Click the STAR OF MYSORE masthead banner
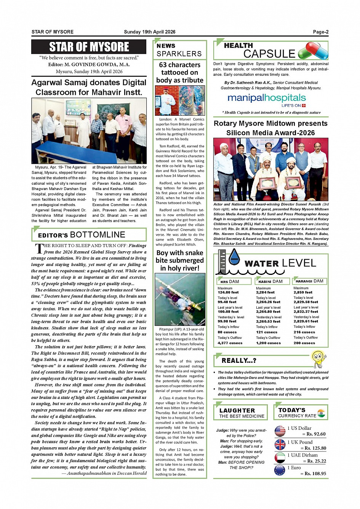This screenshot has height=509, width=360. pos(89,47)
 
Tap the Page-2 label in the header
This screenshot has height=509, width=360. pos(320,32)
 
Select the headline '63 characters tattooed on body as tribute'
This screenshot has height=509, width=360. pos(180,72)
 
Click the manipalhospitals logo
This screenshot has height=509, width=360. pos(267,98)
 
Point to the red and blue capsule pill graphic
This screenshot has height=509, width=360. pos(313,51)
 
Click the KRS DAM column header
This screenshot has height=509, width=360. pos(230,281)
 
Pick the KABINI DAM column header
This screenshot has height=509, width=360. pos(269,281)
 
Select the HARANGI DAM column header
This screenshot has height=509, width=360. pos(309,281)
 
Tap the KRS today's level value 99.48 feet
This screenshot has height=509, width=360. pos(227,302)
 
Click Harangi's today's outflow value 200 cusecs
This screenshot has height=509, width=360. pos(304,343)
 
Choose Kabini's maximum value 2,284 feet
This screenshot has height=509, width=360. pos(265,292)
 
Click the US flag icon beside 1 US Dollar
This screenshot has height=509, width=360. pos(280,431)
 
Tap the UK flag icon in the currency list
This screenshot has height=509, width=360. pos(280,444)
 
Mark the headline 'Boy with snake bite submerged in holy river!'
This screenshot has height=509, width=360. pos(180,260)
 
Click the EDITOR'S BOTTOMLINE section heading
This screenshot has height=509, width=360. pos(82,235)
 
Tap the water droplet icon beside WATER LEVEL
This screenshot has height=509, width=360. pos(234,257)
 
